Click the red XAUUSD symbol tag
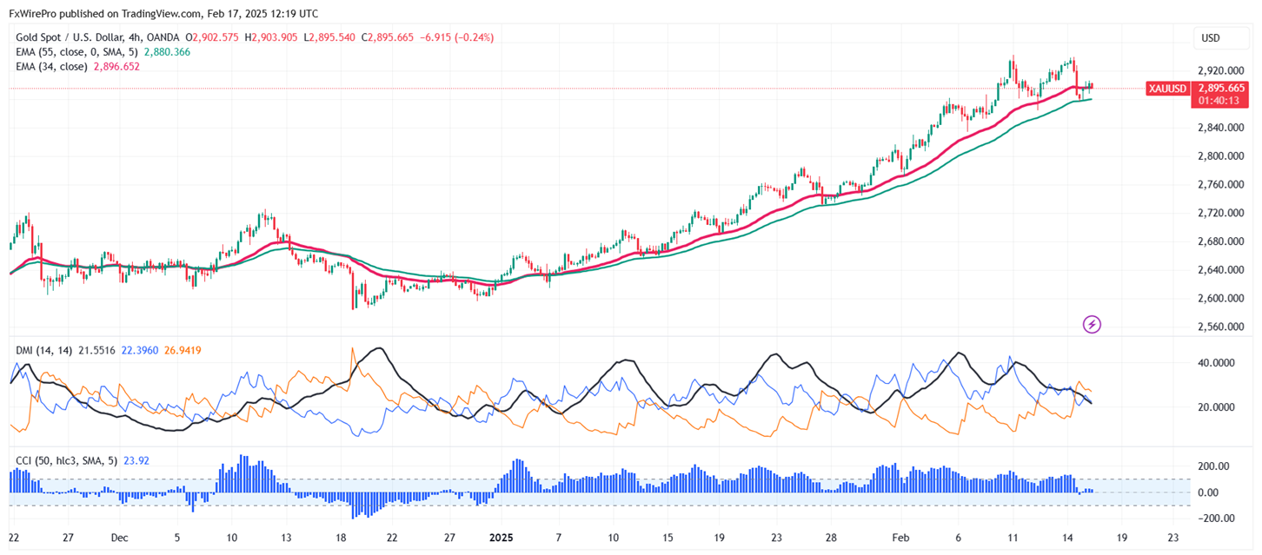pyautogui.click(x=1166, y=89)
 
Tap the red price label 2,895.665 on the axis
pyautogui.click(x=1221, y=89)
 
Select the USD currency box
pyautogui.click(x=1210, y=38)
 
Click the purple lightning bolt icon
pyautogui.click(x=1093, y=325)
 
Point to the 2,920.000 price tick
pyautogui.click(x=1221, y=71)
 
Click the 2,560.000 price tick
pyautogui.click(x=1221, y=327)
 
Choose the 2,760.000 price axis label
pyautogui.click(x=1221, y=185)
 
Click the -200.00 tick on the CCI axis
pyautogui.click(x=1215, y=519)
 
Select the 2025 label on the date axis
pyautogui.click(x=501, y=538)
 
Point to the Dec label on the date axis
pyautogui.click(x=120, y=538)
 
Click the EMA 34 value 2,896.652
pyautogui.click(x=116, y=66)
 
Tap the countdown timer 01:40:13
pyautogui.click(x=1221, y=101)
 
